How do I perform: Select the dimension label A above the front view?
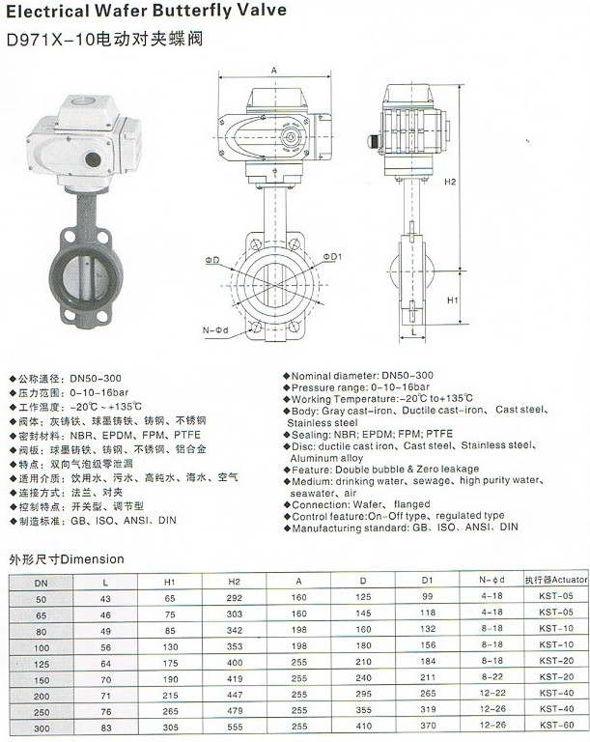(x=274, y=71)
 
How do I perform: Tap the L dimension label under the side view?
(x=413, y=332)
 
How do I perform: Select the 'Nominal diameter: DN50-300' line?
(x=361, y=375)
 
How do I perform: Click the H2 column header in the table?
(x=233, y=582)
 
